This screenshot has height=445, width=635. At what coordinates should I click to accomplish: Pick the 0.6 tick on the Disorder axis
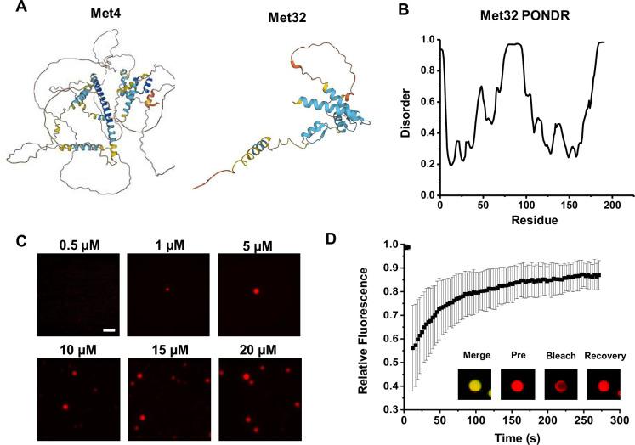(422, 102)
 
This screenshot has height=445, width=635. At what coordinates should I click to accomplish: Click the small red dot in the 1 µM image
(167, 289)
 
